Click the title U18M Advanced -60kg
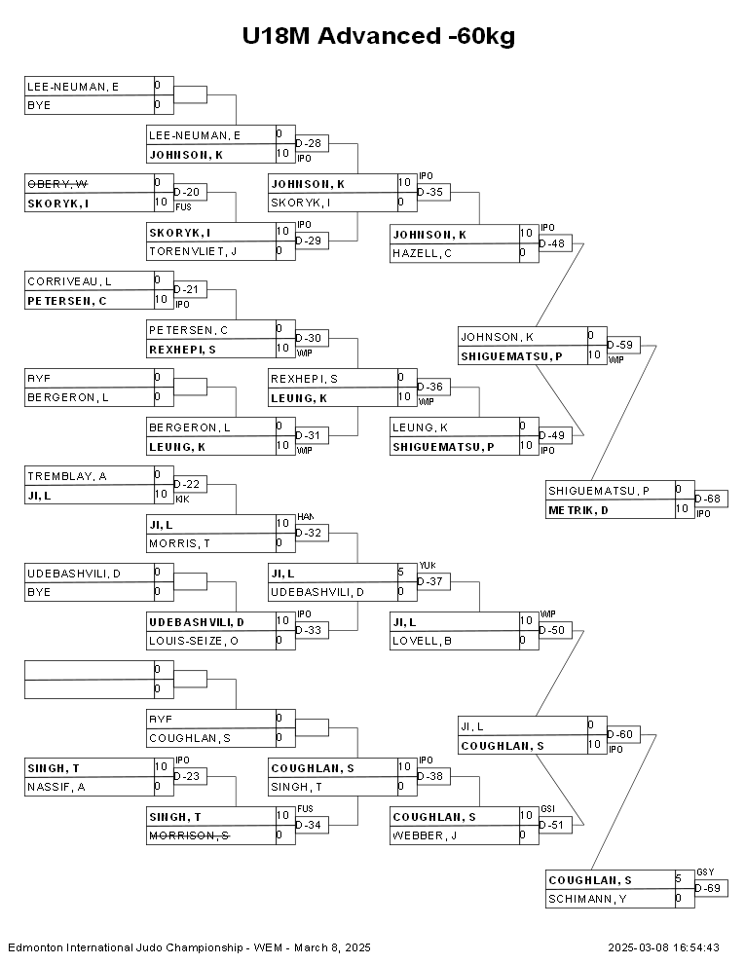pos(379,37)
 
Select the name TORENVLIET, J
pos(193,251)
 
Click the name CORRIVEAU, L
pos(69,281)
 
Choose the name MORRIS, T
pos(180,543)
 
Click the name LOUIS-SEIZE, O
pos(194,641)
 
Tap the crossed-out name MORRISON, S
pos(189,835)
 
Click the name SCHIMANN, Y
pos(587,899)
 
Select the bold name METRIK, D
pos(578,509)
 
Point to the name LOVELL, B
pos(422,641)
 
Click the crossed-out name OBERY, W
pos(58,184)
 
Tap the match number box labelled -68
pos(711,500)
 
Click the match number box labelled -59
pos(623,345)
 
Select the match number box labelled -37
pos(432,581)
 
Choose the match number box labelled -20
pos(189,192)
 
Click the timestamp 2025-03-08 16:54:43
pos(663,946)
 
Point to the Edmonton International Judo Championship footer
pos(189,946)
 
